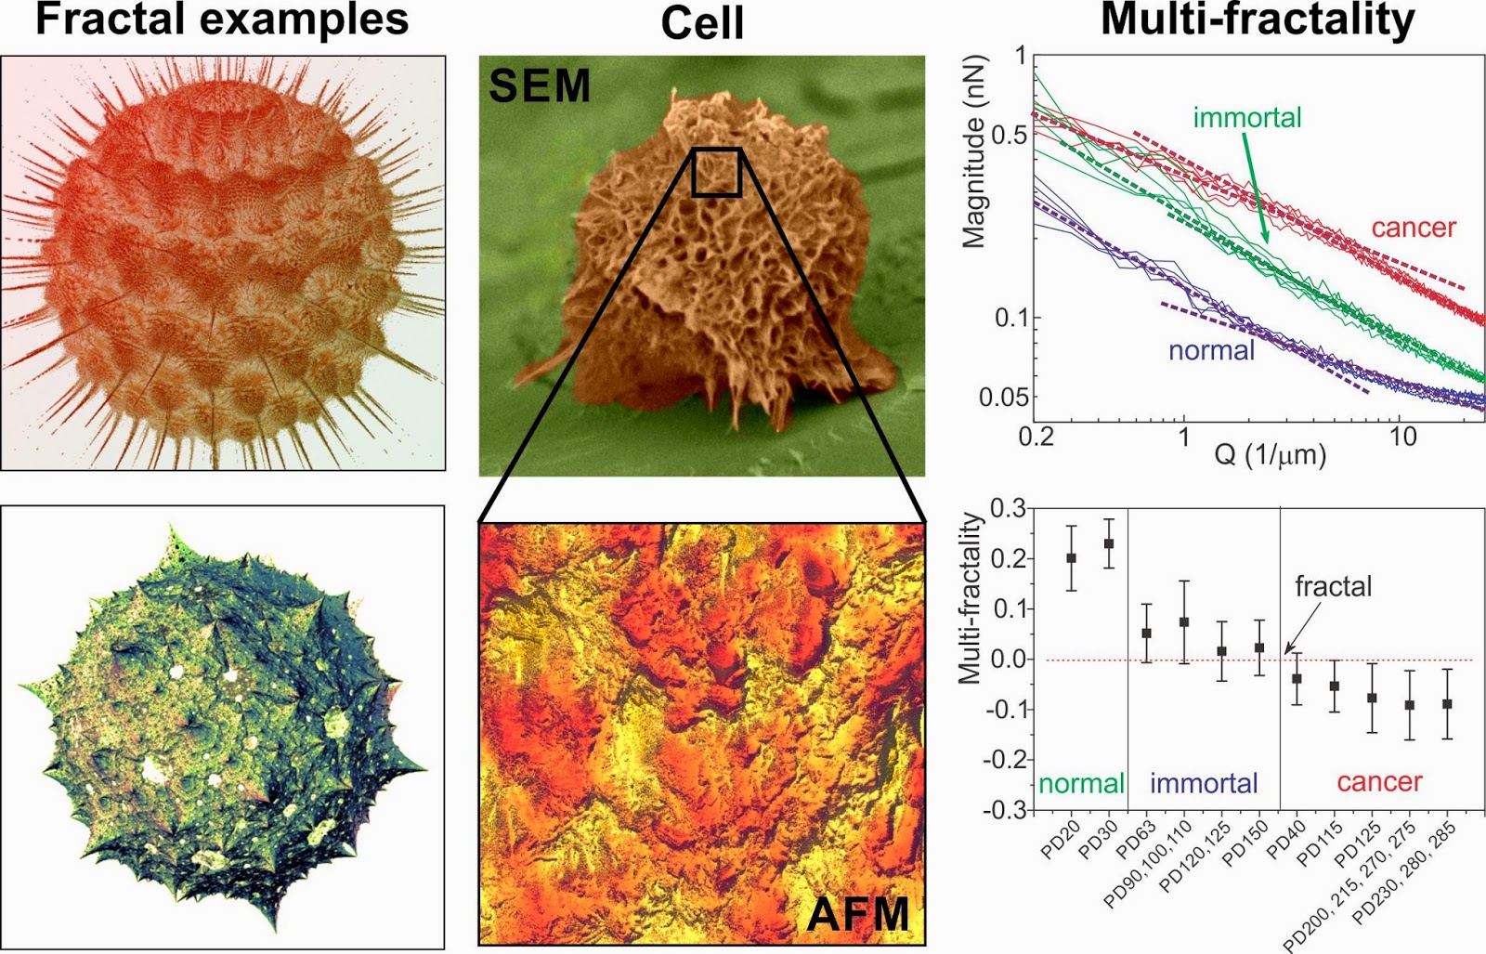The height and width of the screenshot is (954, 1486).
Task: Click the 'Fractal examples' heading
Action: [222, 20]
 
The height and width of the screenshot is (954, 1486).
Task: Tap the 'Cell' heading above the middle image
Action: [702, 22]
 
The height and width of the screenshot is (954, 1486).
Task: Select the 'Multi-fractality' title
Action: [1258, 20]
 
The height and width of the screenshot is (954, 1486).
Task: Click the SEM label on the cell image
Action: [540, 86]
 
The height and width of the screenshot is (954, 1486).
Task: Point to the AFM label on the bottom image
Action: [857, 914]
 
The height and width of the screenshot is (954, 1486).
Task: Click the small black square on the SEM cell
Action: [716, 172]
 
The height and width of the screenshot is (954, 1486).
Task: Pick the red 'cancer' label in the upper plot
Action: [1414, 228]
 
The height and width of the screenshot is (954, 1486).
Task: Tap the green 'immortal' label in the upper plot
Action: [1246, 118]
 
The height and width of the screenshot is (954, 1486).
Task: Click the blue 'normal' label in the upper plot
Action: [1211, 350]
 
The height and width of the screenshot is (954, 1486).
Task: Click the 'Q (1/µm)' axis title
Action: [1270, 455]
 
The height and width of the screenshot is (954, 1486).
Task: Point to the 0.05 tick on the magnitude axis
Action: [1003, 398]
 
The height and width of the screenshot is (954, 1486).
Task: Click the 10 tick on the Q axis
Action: [1402, 437]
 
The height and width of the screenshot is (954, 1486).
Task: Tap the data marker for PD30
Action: [1109, 543]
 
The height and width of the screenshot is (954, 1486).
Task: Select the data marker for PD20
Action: [1071, 558]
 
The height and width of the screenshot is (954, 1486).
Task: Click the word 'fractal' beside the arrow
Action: [1333, 586]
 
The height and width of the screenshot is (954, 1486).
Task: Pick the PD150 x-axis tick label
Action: [1245, 844]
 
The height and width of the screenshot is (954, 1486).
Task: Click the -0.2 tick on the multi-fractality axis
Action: [1004, 760]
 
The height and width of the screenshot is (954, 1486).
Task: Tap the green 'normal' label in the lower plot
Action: [1081, 783]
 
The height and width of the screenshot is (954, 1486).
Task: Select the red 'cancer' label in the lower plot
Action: [1378, 782]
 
